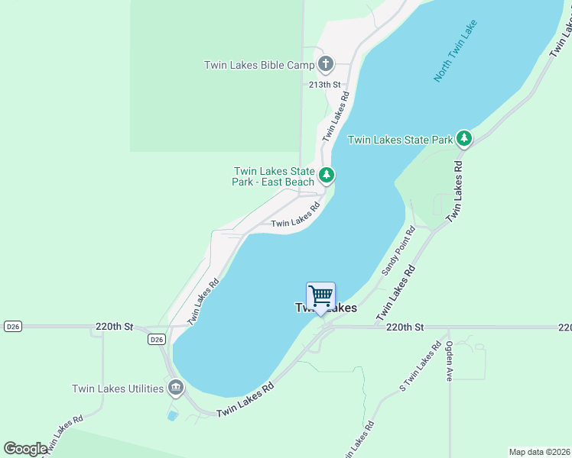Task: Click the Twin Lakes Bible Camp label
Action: (x=258, y=65)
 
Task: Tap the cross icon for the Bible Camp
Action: (x=327, y=64)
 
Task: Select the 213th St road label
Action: (x=323, y=85)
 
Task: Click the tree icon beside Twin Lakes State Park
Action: (x=463, y=139)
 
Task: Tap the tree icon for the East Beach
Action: (x=327, y=176)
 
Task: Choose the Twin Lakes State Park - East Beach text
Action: (x=273, y=177)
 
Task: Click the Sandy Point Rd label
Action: (x=398, y=251)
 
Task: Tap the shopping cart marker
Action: (x=320, y=295)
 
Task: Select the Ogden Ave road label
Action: (x=450, y=361)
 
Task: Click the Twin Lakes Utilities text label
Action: (x=117, y=389)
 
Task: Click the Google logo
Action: (x=24, y=449)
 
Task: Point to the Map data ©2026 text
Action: (x=539, y=452)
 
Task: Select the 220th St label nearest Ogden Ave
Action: (x=405, y=327)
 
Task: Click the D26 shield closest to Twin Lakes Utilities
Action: (x=156, y=339)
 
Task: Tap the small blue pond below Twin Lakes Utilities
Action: (x=173, y=416)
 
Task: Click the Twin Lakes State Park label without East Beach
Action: (x=400, y=140)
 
